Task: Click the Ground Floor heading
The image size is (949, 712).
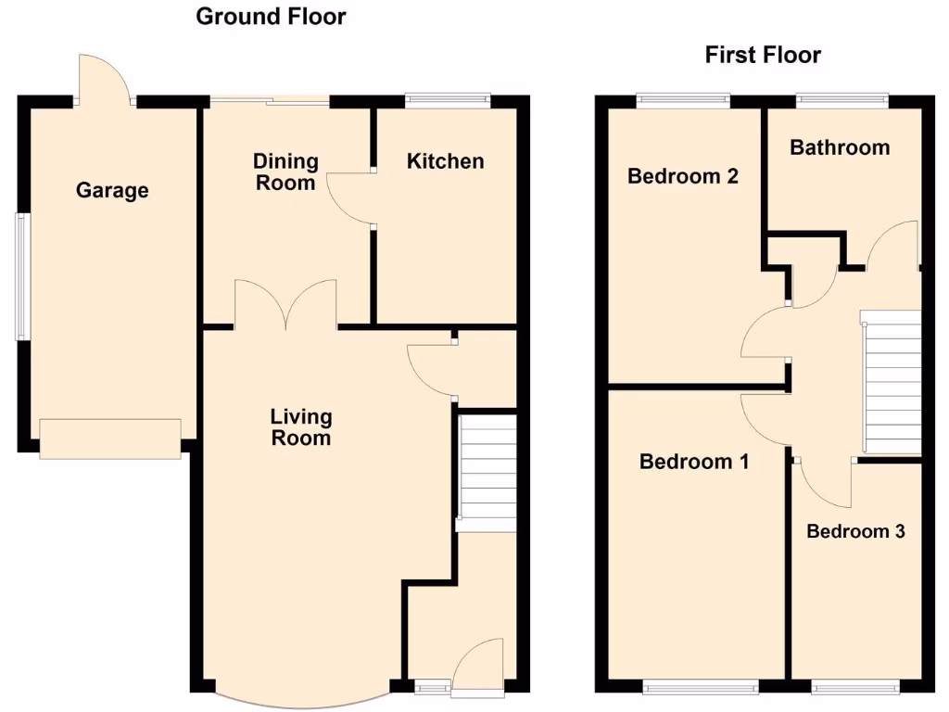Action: [271, 17]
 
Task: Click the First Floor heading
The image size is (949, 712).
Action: [762, 55]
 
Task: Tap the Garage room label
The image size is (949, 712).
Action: [111, 191]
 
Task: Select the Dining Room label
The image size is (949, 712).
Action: [285, 172]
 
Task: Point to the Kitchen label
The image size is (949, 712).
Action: [445, 161]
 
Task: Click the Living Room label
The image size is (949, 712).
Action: [300, 427]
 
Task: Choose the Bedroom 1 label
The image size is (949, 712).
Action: [693, 462]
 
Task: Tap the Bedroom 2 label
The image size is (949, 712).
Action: [682, 176]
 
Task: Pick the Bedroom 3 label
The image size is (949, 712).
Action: [854, 532]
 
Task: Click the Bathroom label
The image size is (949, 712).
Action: [839, 147]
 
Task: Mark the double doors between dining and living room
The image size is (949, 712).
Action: [285, 304]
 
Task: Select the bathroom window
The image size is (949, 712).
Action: [841, 98]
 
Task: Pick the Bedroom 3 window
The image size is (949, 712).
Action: [854, 687]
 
